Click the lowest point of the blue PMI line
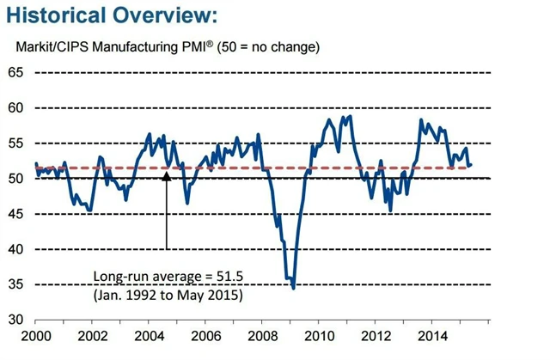(x=294, y=288)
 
